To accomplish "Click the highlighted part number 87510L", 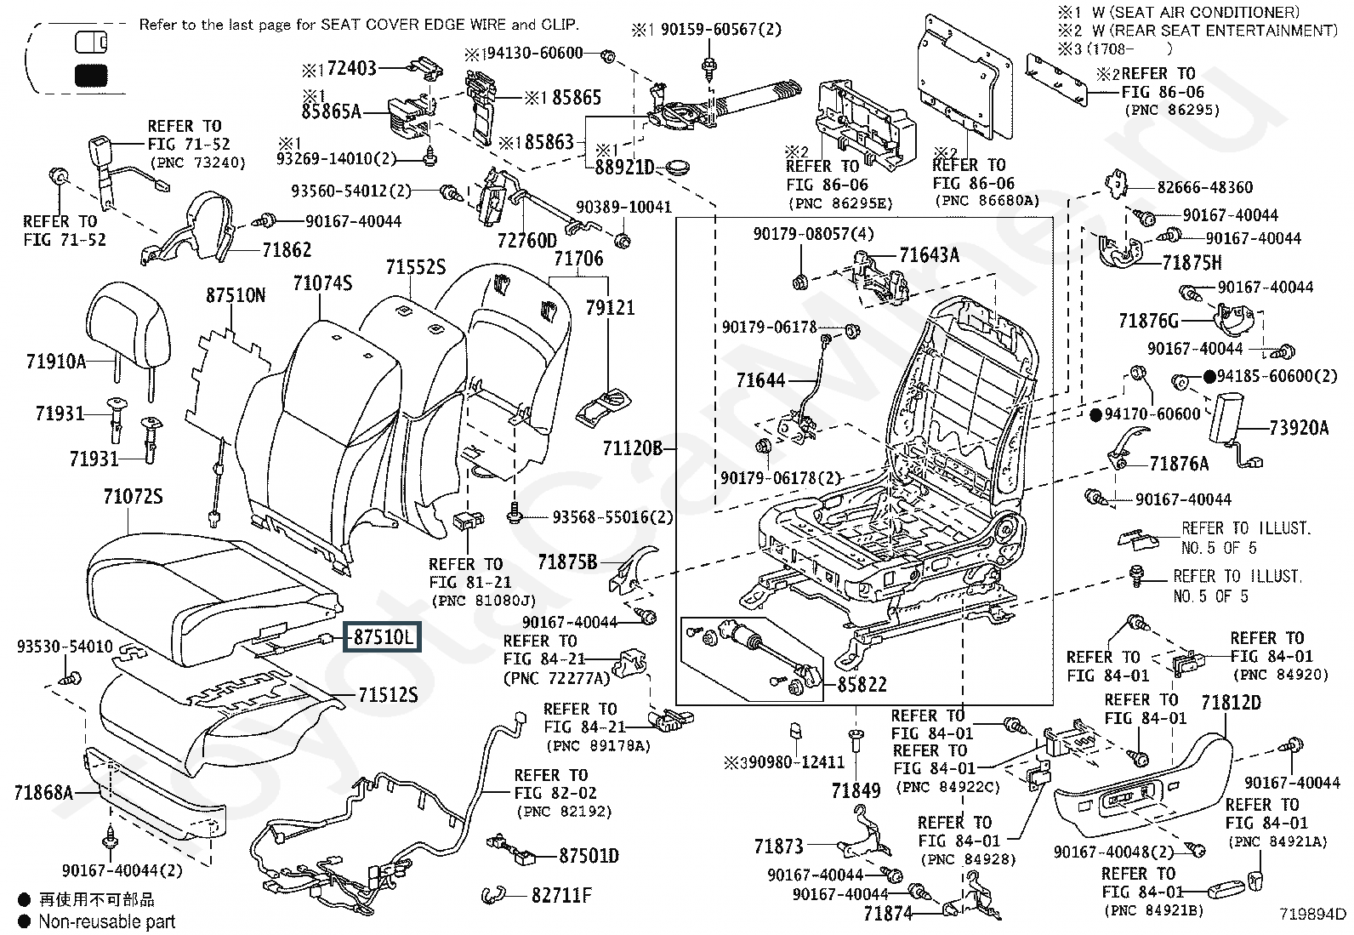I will [381, 636].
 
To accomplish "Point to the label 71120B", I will [632, 448].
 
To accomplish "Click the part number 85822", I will [862, 685].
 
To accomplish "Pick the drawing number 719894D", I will [1313, 915].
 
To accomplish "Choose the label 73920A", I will [1299, 428].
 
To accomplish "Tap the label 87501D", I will [589, 856].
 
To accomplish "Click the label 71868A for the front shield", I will [43, 794].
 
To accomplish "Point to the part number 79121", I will [610, 307].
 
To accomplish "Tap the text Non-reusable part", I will [106, 921].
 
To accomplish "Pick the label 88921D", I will [625, 168].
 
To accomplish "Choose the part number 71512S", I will [388, 696].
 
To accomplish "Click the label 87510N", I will [236, 295].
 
